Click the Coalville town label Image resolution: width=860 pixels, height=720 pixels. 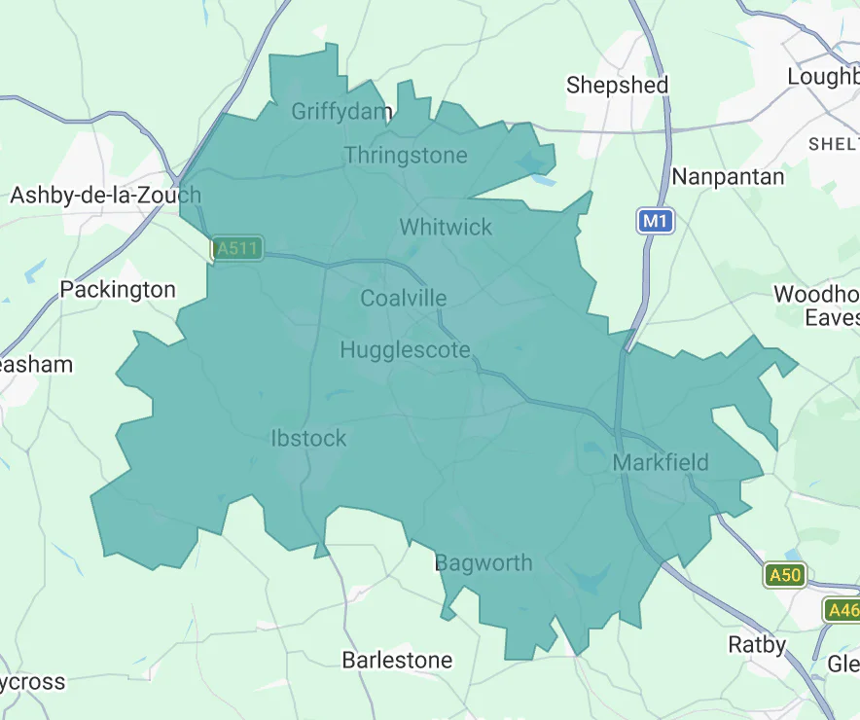coord(404,298)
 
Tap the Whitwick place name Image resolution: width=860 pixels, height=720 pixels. coord(446,227)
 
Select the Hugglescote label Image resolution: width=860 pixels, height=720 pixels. coord(405,350)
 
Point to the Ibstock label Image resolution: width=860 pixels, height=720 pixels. coord(308,438)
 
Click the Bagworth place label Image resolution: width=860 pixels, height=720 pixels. coord(484,562)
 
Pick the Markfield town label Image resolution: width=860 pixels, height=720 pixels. coord(661,462)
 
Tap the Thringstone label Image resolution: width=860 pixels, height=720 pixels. coord(406,155)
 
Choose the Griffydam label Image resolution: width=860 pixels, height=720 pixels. coord(341,111)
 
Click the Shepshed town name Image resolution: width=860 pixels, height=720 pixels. coord(618,85)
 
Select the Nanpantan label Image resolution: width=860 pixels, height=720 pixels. coord(728,176)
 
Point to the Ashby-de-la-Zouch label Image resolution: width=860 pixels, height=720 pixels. coord(105,195)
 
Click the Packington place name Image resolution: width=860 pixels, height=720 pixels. coord(118,289)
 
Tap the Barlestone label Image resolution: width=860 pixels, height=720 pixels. coord(397,660)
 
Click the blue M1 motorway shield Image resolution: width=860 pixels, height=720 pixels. coord(656,222)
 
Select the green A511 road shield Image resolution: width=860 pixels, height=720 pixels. coord(237,248)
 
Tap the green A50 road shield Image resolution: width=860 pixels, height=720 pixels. coord(784,575)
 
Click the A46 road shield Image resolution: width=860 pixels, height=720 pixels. coord(842,610)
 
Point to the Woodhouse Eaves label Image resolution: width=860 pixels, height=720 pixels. coord(817,306)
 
